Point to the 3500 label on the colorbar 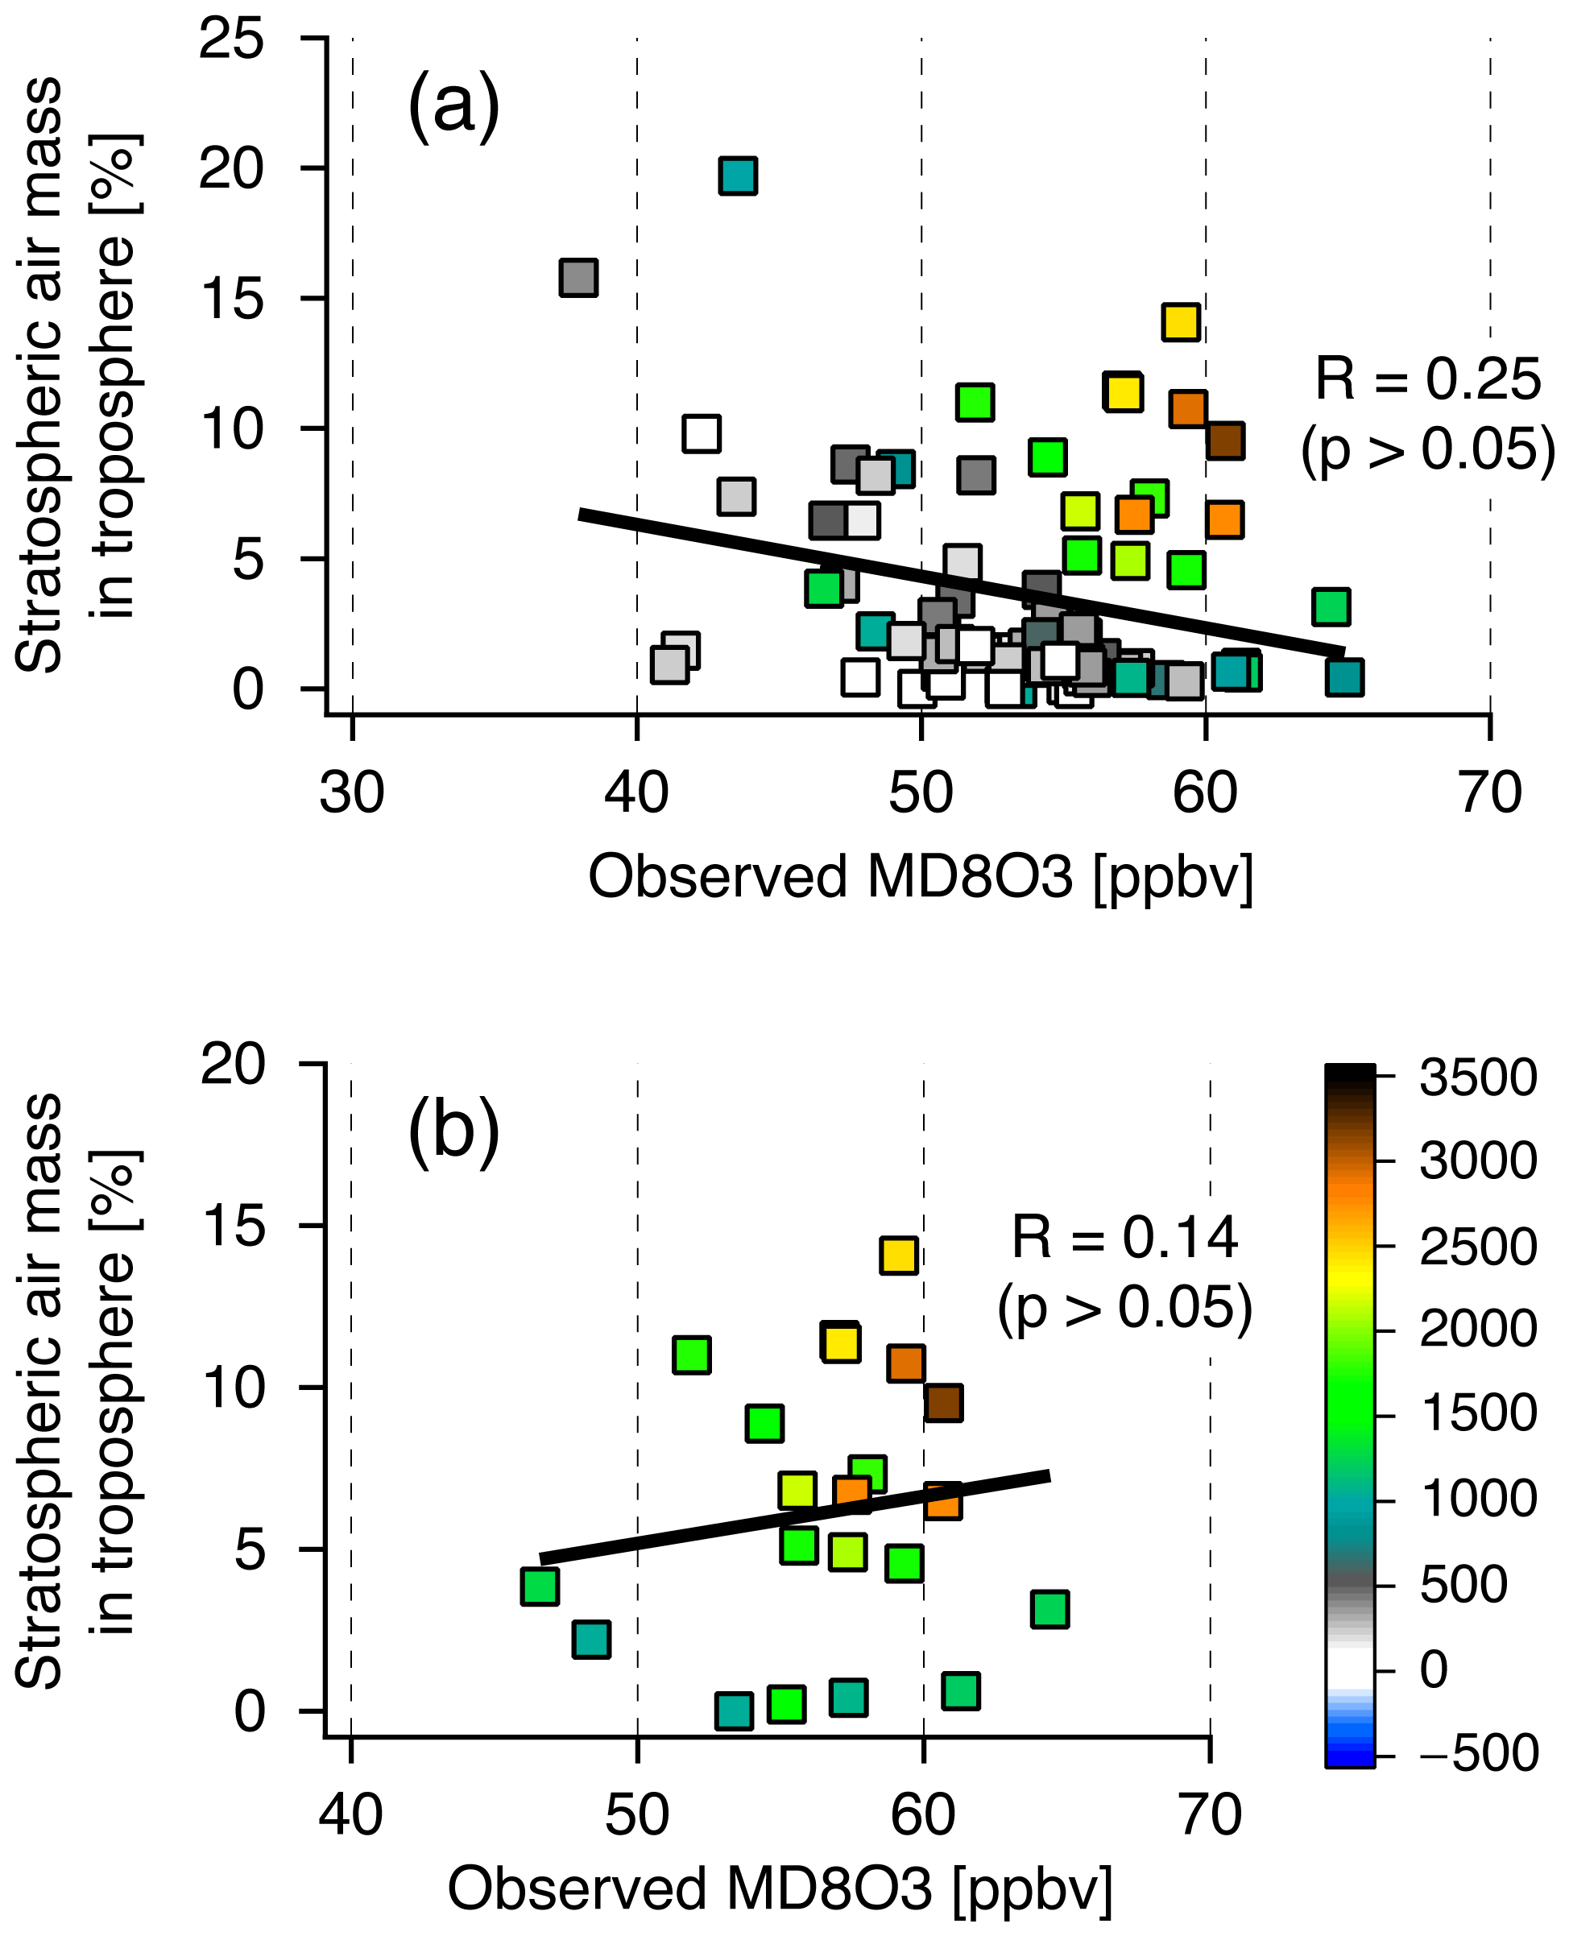point(1477,1078)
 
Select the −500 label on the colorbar point(1477,1752)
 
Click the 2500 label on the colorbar point(1477,1247)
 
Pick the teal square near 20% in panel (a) point(739,176)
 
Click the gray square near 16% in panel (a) point(578,278)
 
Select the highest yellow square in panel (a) point(1180,322)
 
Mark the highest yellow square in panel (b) point(898,1256)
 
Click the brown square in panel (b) point(943,1404)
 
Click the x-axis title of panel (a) point(920,877)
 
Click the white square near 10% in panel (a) point(702,434)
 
